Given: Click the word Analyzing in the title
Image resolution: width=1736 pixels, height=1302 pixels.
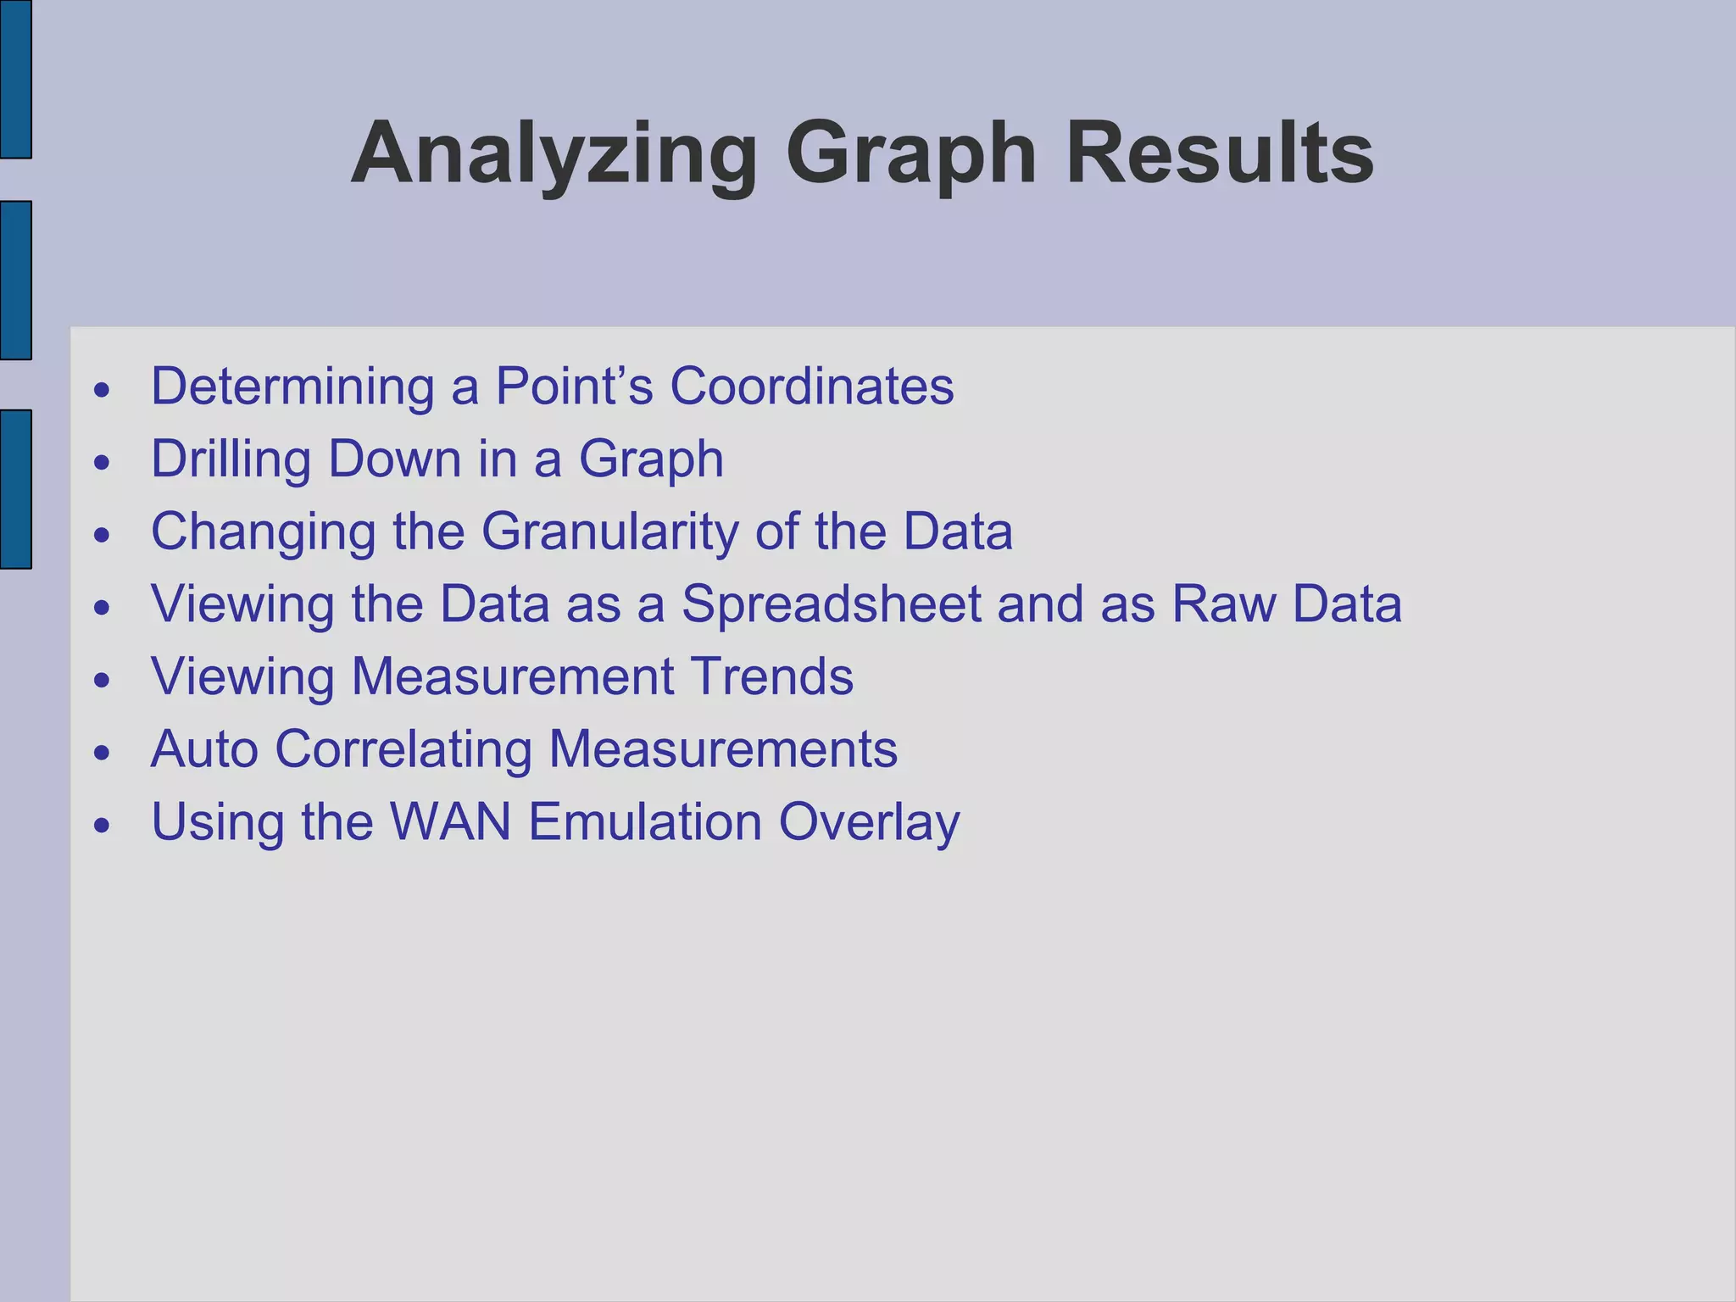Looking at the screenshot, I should click(554, 154).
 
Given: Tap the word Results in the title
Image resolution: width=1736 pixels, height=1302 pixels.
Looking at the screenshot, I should click(1219, 154).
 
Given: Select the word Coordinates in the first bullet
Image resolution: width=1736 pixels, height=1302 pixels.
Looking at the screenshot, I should click(811, 387).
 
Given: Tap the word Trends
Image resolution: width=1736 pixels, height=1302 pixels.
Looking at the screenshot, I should click(772, 677).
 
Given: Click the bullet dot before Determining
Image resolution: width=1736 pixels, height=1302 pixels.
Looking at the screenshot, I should click(103, 391).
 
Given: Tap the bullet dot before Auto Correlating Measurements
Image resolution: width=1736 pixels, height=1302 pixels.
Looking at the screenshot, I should click(103, 754).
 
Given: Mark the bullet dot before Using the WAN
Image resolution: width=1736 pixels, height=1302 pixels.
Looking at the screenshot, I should click(103, 826).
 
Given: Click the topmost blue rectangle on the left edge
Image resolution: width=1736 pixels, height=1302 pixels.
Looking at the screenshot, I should click(15, 79).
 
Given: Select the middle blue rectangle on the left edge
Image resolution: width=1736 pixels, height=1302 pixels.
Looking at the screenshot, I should click(15, 281).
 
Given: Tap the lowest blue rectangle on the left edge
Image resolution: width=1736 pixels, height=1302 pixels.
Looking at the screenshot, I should click(15, 489).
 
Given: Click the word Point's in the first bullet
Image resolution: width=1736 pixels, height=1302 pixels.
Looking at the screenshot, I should click(574, 387).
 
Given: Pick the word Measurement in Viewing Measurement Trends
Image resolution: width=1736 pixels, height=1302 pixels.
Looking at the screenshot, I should click(513, 677).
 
